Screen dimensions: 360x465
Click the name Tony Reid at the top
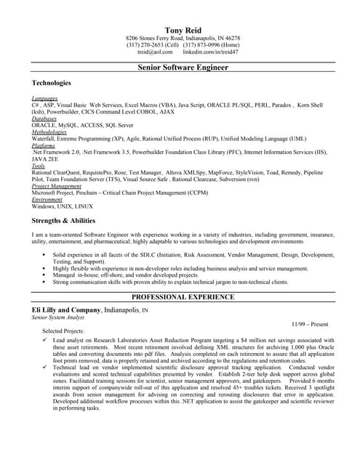point(183,27)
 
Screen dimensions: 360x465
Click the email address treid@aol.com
point(155,52)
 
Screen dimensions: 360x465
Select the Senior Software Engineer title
point(183,68)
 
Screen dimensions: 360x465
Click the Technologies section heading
point(52,84)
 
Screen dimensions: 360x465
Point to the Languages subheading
point(45,97)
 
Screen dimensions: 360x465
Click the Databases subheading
point(45,118)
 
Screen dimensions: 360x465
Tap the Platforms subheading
point(44,146)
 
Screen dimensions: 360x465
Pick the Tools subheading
point(39,166)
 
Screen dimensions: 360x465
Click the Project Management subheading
point(56,187)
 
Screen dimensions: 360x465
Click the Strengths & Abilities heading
point(63,220)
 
